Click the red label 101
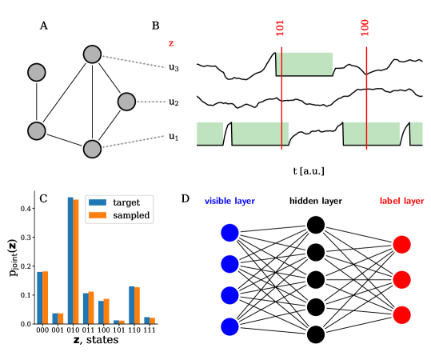281,27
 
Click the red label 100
365,27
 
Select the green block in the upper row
305,63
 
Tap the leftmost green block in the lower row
210,133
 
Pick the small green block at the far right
417,133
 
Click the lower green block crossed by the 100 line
372,133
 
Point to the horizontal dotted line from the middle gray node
151,102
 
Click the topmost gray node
92,54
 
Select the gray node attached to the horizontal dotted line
126,102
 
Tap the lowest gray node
92,149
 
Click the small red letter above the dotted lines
171,43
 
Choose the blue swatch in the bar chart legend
98,202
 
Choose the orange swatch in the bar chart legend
98,214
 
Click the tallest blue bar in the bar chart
70,260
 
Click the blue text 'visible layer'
229,201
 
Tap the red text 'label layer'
401,201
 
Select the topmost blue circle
229,233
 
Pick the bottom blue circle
229,326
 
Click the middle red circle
401,279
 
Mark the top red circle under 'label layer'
401,244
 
